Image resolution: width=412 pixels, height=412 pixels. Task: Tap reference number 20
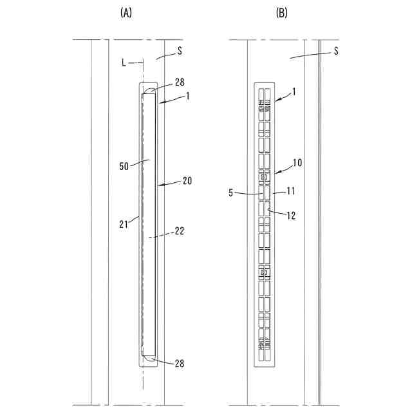(x=187, y=181)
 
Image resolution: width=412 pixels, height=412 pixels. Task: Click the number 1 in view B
(x=294, y=92)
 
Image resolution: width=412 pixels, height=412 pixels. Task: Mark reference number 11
(x=290, y=191)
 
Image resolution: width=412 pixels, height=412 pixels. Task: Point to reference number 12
(x=290, y=216)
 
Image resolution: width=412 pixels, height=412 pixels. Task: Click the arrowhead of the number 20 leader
(x=160, y=185)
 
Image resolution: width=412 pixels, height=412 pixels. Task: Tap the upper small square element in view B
(x=263, y=176)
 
